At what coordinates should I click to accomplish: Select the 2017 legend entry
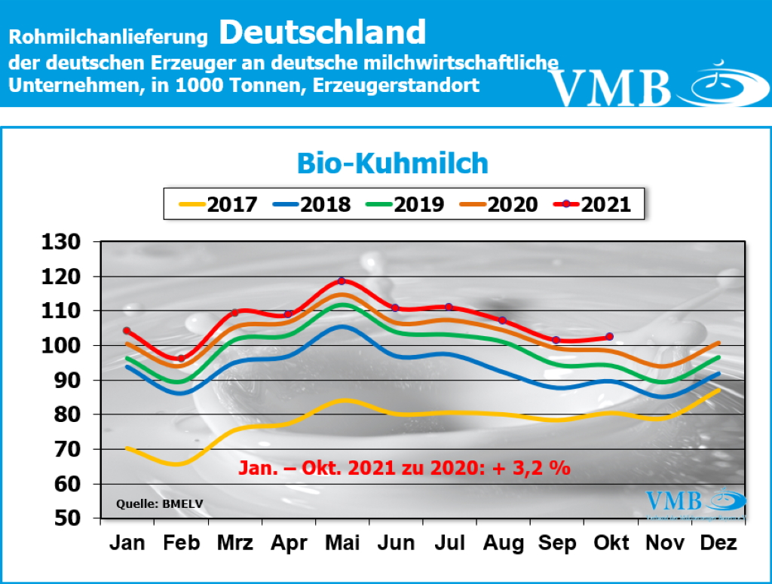218,203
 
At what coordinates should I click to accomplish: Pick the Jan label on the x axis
127,543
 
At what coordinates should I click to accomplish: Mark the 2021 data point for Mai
342,281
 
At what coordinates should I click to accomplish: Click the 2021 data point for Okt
610,336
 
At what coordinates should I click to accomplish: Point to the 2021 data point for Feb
180,359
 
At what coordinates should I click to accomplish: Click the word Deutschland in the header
323,32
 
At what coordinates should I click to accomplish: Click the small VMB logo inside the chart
694,503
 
